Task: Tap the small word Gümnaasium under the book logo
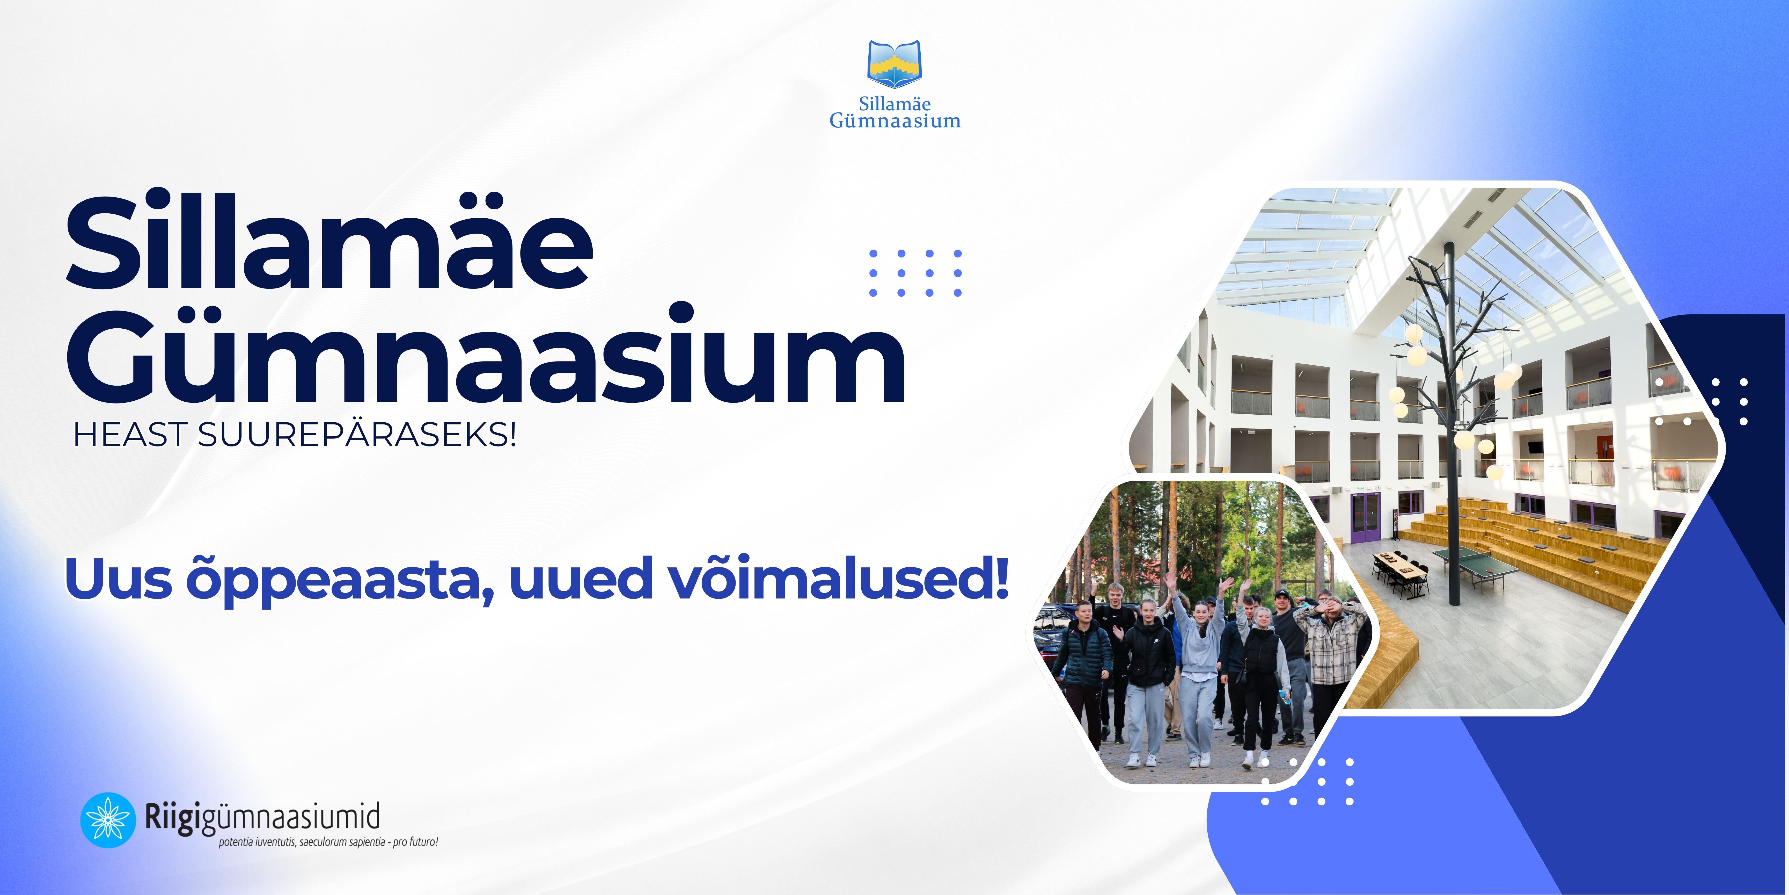click(895, 121)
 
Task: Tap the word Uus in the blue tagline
click(118, 579)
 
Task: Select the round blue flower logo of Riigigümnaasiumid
click(108, 820)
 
